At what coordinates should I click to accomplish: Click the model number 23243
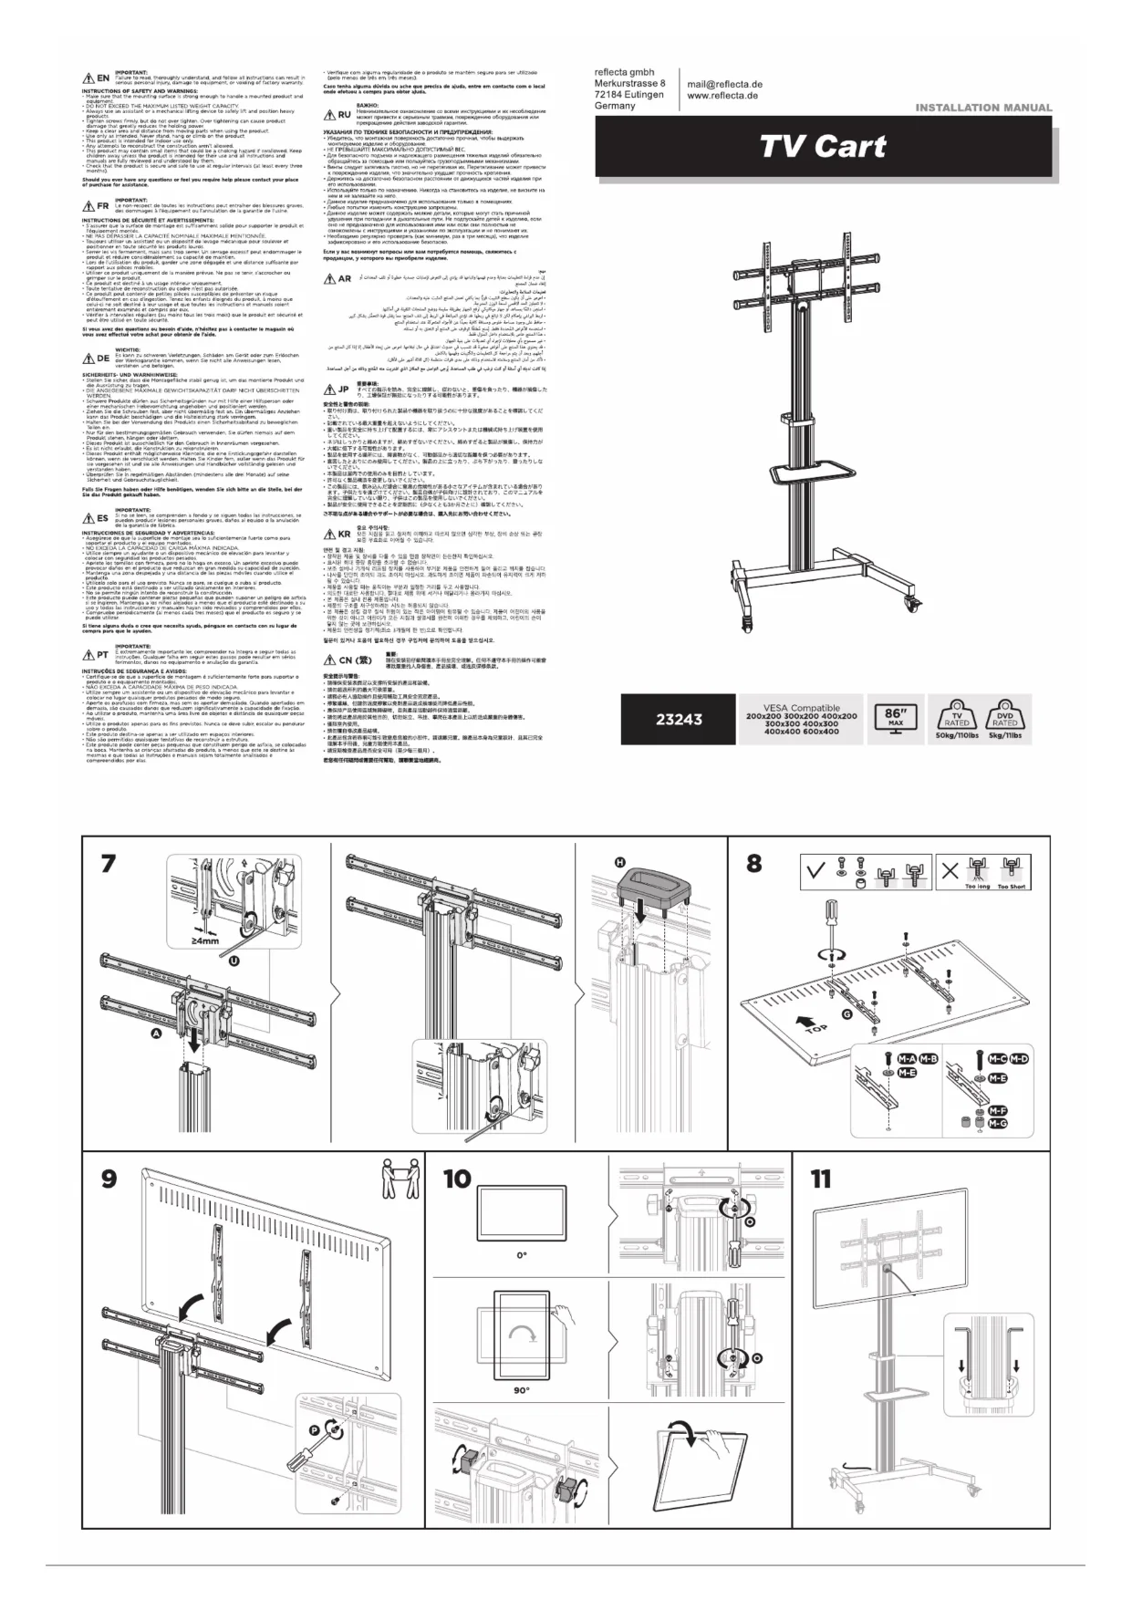tap(680, 720)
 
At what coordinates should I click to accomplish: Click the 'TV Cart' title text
tap(824, 146)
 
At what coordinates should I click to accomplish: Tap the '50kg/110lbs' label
tap(957, 735)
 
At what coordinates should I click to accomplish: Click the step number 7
tap(109, 863)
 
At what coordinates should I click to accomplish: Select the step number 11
tap(820, 1179)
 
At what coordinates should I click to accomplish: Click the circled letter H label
tap(619, 862)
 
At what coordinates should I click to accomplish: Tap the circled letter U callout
tap(235, 961)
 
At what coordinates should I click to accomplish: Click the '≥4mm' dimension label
tap(204, 941)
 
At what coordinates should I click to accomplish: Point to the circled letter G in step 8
tap(846, 1013)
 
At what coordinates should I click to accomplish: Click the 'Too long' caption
tap(977, 887)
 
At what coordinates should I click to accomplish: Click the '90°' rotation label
tap(522, 1391)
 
